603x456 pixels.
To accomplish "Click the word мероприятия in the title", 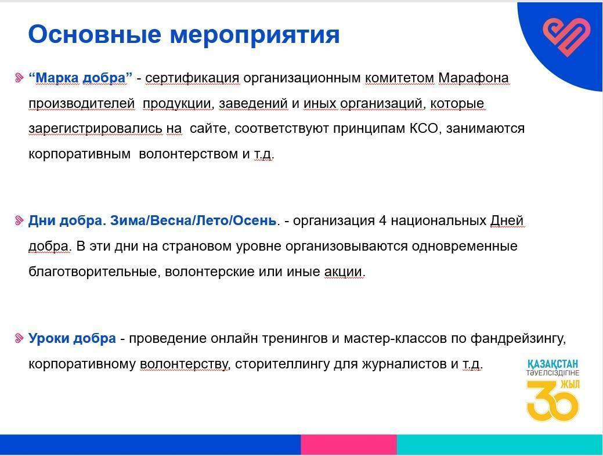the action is pyautogui.click(x=255, y=36).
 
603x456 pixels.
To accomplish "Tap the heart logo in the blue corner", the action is pyautogui.click(x=566, y=37).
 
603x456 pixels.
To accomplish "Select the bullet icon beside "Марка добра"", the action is pyautogui.click(x=19, y=78).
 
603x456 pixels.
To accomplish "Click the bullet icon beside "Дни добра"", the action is pyautogui.click(x=19, y=220).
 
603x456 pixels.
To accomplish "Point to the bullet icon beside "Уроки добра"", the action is pyautogui.click(x=19, y=338).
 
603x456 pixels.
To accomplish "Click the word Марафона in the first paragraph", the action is pyautogui.click(x=474, y=78).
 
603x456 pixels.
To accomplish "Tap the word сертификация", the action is pyautogui.click(x=192, y=79).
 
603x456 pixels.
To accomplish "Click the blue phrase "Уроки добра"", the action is pyautogui.click(x=73, y=339).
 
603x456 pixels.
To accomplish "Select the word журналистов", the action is pyautogui.click(x=404, y=364).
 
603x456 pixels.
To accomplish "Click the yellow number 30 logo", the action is pyautogui.click(x=553, y=401).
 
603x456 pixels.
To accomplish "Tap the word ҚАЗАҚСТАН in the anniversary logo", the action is pyautogui.click(x=553, y=364).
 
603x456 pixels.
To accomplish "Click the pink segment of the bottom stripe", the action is pyautogui.click(x=349, y=444).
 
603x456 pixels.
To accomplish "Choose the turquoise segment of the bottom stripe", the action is pyautogui.click(x=500, y=444).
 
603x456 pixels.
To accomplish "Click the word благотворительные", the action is pyautogui.click(x=94, y=272).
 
